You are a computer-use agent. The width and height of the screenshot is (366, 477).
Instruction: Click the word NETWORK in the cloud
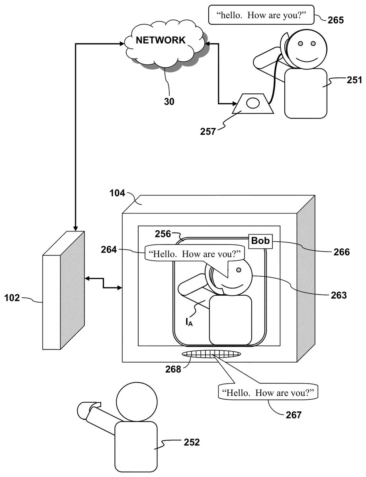pos(160,40)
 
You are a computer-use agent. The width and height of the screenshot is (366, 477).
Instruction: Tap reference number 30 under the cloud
pos(169,101)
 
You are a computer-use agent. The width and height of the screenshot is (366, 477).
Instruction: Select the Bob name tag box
pos(260,241)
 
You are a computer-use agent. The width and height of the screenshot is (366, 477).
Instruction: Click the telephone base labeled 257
pos(253,104)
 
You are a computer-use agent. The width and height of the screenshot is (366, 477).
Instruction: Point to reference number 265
pos(336,20)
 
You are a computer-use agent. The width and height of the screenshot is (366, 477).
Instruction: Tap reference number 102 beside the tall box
pos(12,298)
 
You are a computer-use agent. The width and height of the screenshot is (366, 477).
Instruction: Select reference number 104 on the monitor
pos(117,193)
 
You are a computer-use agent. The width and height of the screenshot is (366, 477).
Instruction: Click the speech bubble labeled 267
pos(268,392)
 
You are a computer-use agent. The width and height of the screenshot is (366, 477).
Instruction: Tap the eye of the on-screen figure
pos(239,270)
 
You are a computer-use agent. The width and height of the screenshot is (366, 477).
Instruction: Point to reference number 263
pos(339,295)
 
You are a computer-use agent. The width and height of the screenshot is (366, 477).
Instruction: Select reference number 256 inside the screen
pos(162,234)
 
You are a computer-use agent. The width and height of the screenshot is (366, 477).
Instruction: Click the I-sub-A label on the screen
pos(189,322)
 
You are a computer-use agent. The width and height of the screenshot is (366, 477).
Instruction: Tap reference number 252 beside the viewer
pos(192,442)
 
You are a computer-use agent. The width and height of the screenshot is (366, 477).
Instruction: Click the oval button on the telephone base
pos(253,103)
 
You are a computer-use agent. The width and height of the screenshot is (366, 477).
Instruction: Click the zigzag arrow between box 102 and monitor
pos(103,283)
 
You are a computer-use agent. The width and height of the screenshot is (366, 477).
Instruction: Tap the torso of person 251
pos(305,93)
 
